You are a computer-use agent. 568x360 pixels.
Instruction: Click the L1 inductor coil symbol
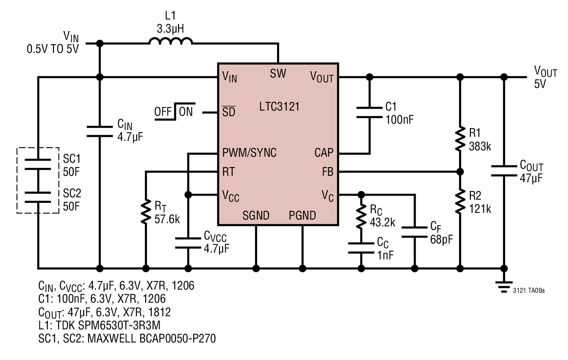point(170,41)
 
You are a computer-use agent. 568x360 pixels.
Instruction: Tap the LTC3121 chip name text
point(279,107)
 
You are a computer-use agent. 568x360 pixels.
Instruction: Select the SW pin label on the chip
point(278,74)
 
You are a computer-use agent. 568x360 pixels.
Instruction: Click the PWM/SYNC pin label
point(249,152)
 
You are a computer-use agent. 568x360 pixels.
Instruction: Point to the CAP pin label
point(324,152)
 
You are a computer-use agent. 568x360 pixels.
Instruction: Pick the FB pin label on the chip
point(328,172)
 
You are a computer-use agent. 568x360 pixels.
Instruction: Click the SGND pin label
point(256,216)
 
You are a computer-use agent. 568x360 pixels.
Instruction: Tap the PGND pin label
point(302,216)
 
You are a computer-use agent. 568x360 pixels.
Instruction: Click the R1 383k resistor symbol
point(460,139)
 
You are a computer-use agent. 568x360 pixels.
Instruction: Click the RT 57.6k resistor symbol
point(146,212)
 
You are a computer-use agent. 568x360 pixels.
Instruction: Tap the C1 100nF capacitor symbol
point(369,113)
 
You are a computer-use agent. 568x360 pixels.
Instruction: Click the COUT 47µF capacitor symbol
point(504,171)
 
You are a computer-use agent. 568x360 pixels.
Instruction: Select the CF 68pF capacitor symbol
point(415,232)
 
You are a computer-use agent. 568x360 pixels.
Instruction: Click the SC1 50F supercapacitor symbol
point(38,164)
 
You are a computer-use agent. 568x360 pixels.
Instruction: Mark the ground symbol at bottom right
point(504,287)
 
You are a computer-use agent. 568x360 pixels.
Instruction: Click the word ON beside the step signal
point(186,112)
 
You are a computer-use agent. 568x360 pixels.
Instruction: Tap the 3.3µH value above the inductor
point(170,29)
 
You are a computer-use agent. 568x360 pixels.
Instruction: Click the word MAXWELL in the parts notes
point(111,339)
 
